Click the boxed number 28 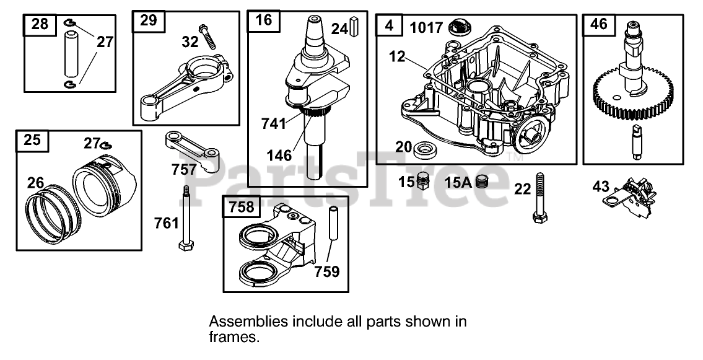40,25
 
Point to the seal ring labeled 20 425,149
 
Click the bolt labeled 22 539,195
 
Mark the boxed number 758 241,206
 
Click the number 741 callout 273,123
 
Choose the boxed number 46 599,25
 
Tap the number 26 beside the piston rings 37,183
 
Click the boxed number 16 263,20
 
